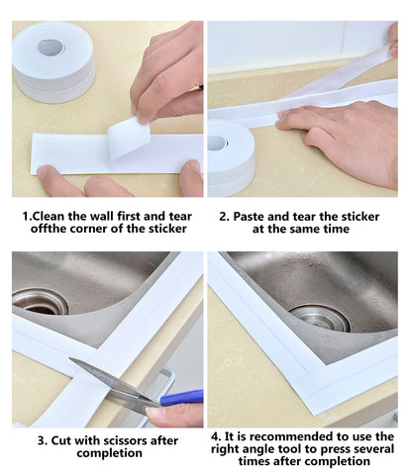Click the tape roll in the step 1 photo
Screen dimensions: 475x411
tap(53, 61)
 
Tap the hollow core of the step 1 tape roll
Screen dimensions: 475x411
tap(51, 47)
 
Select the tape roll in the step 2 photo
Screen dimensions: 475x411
tap(230, 158)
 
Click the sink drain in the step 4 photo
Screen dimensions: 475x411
tap(320, 317)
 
